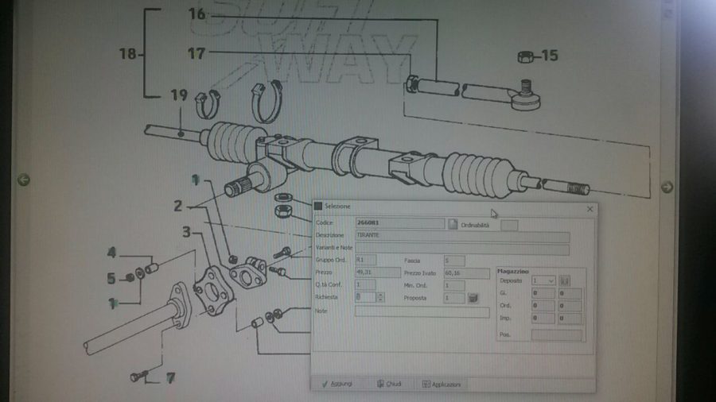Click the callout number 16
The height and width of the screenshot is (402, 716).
pyautogui.click(x=197, y=14)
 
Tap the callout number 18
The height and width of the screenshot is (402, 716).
pyautogui.click(x=128, y=54)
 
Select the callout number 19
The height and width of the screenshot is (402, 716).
pyautogui.click(x=179, y=95)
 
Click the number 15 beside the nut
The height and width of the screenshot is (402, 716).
pyautogui.click(x=550, y=56)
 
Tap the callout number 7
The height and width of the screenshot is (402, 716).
pyautogui.click(x=169, y=378)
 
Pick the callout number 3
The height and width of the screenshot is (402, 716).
pyautogui.click(x=186, y=232)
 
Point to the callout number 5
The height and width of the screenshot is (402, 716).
pyautogui.click(x=112, y=278)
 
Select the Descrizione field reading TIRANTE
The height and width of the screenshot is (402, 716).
pyautogui.click(x=461, y=237)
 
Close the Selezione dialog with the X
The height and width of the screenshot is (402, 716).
pyautogui.click(x=590, y=209)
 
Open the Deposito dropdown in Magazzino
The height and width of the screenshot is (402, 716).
pyautogui.click(x=545, y=280)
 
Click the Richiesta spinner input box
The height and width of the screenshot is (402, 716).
pyautogui.click(x=364, y=297)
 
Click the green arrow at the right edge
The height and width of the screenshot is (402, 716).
pyautogui.click(x=667, y=187)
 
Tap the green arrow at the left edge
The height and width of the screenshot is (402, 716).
pyautogui.click(x=24, y=180)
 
